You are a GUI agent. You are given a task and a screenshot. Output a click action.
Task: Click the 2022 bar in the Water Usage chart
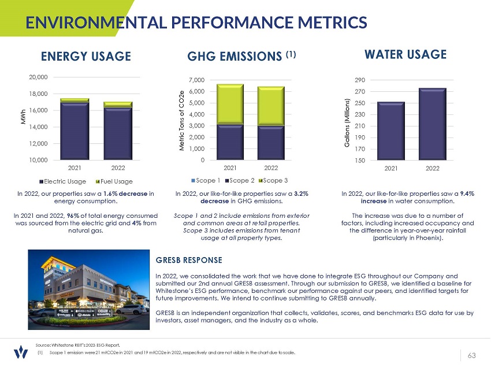coord(432,124)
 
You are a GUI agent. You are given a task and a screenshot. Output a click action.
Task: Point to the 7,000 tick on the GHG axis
coord(203,80)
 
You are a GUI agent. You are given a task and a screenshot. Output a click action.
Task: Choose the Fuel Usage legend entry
coord(114,181)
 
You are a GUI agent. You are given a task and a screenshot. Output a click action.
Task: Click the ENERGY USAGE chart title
coord(86,56)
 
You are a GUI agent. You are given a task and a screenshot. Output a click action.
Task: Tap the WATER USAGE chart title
coord(406,54)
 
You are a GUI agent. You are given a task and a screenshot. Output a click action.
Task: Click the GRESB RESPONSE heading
coord(189,261)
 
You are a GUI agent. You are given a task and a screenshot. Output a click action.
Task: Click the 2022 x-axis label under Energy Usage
coord(118,168)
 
